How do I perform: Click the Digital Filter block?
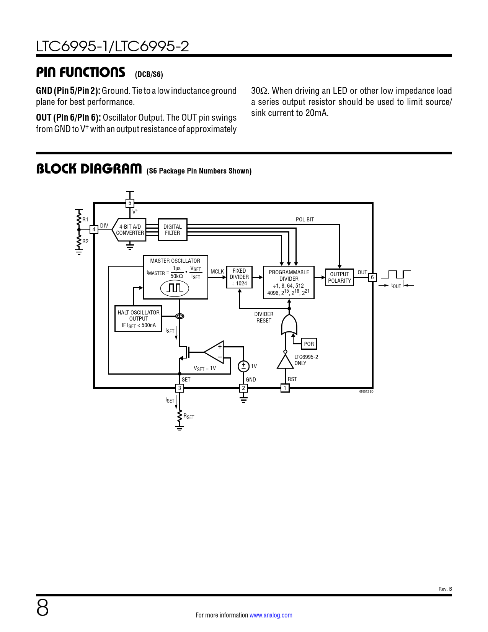[x=172, y=230]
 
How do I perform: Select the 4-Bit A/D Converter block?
[x=130, y=230]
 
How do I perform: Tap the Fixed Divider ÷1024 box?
[x=239, y=277]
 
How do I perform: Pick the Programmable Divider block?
[x=289, y=282]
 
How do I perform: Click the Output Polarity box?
[x=339, y=277]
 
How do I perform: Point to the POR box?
[x=309, y=344]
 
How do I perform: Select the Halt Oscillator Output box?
[x=138, y=319]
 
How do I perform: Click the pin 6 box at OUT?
[x=372, y=277]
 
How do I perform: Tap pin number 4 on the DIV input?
[x=94, y=230]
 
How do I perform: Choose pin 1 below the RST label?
[x=285, y=388]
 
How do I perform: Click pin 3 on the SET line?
[x=180, y=388]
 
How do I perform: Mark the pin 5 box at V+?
[x=130, y=203]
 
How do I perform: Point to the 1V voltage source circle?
[x=243, y=366]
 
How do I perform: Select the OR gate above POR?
[x=289, y=325]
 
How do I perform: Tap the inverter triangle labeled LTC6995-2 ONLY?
[x=285, y=361]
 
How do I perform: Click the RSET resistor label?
[x=189, y=416]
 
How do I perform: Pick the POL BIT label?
[x=305, y=219]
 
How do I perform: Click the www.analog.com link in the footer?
[x=271, y=615]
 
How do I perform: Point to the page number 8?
[x=42, y=608]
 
